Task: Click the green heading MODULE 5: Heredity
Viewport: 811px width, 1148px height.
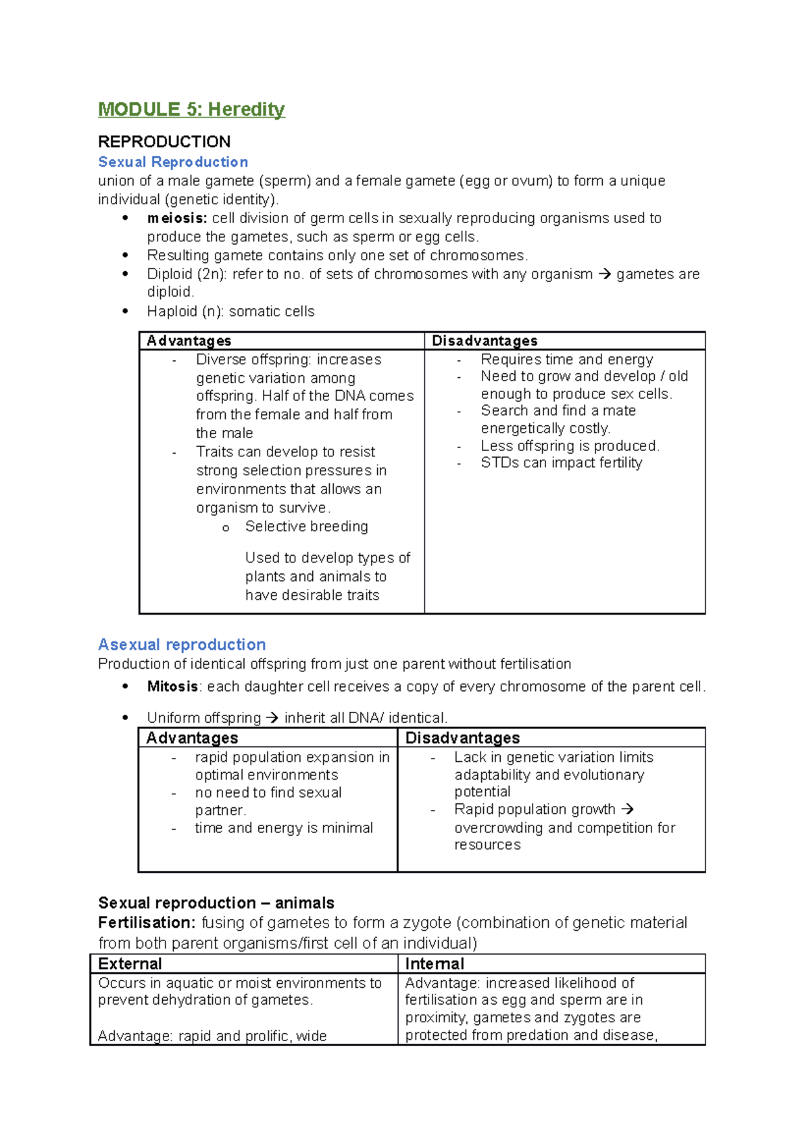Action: coord(191,110)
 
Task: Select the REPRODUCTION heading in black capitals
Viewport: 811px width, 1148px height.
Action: coord(164,142)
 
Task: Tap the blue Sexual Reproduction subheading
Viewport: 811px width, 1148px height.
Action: coord(173,162)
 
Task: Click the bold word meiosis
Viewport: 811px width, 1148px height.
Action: coord(177,218)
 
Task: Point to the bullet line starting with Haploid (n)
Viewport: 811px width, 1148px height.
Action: coord(230,312)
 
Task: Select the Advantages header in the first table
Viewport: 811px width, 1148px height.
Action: coord(189,341)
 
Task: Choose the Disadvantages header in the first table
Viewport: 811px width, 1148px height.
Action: coord(485,341)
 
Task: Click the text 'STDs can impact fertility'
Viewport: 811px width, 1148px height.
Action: coord(561,463)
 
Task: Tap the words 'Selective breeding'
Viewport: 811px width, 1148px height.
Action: coord(306,527)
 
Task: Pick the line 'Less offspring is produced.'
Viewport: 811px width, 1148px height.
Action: coord(570,446)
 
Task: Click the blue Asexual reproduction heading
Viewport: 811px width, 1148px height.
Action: coord(182,644)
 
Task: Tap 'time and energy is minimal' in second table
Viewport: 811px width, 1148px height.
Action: coord(284,828)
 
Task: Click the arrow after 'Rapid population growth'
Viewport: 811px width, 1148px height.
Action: coord(627,809)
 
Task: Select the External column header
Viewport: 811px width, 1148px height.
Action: coord(130,964)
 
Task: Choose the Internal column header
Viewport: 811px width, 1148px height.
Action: coord(435,964)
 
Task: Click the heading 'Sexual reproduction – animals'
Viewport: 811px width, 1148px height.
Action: coord(216,903)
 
